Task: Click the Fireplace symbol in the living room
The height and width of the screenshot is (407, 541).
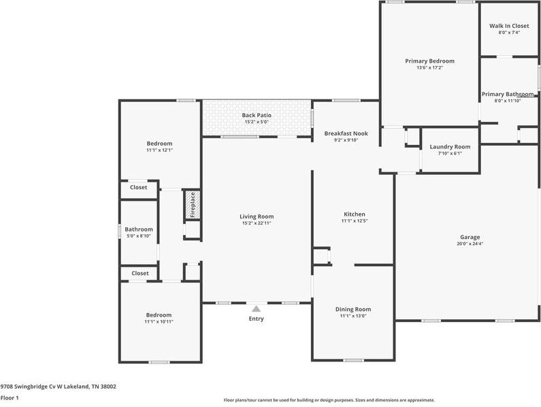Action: (x=192, y=205)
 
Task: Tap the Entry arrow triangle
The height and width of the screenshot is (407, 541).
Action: (x=256, y=309)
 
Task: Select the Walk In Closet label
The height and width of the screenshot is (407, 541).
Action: (x=508, y=26)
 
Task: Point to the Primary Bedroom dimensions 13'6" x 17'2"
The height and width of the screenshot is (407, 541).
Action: (x=429, y=68)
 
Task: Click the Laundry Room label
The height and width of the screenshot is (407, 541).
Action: (x=450, y=147)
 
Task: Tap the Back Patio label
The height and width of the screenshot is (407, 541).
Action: (x=257, y=115)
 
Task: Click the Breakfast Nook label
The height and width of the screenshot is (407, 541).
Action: (x=346, y=133)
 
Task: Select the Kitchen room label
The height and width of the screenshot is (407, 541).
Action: (x=354, y=214)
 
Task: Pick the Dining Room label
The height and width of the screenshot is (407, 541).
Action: (x=353, y=309)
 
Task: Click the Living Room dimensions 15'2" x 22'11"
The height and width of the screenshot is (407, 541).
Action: (x=257, y=223)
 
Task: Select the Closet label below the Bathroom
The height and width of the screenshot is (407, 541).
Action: (x=140, y=273)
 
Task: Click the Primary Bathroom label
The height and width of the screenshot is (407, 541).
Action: (x=508, y=94)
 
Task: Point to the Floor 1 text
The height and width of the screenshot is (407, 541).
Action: (x=9, y=397)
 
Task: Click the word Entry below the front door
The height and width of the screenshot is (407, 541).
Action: (x=256, y=319)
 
